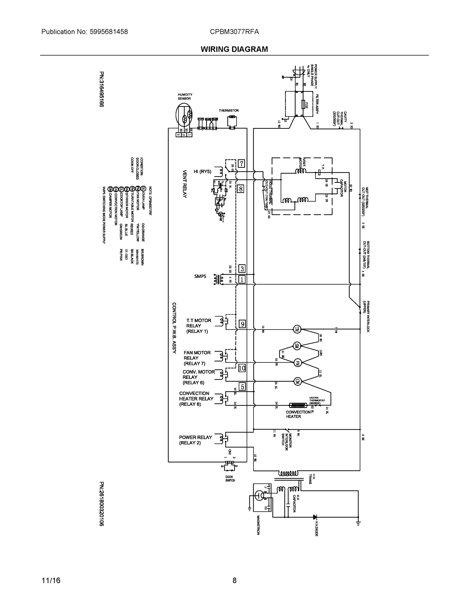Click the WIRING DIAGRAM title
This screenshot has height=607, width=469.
click(234, 49)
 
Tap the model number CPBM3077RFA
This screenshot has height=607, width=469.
click(234, 32)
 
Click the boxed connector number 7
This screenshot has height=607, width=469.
click(241, 164)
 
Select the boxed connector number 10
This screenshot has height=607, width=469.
click(242, 368)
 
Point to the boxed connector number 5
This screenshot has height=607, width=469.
click(242, 387)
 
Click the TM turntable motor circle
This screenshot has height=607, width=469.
click(297, 329)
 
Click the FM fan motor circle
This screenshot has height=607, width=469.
click(297, 363)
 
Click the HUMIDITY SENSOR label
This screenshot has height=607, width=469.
click(185, 96)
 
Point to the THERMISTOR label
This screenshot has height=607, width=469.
click(229, 111)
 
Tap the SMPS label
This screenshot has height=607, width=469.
click(200, 276)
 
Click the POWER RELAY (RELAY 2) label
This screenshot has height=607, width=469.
click(195, 440)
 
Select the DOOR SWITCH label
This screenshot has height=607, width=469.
click(230, 479)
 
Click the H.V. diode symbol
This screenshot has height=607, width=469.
click(315, 517)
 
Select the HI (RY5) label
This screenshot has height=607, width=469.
click(202, 171)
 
